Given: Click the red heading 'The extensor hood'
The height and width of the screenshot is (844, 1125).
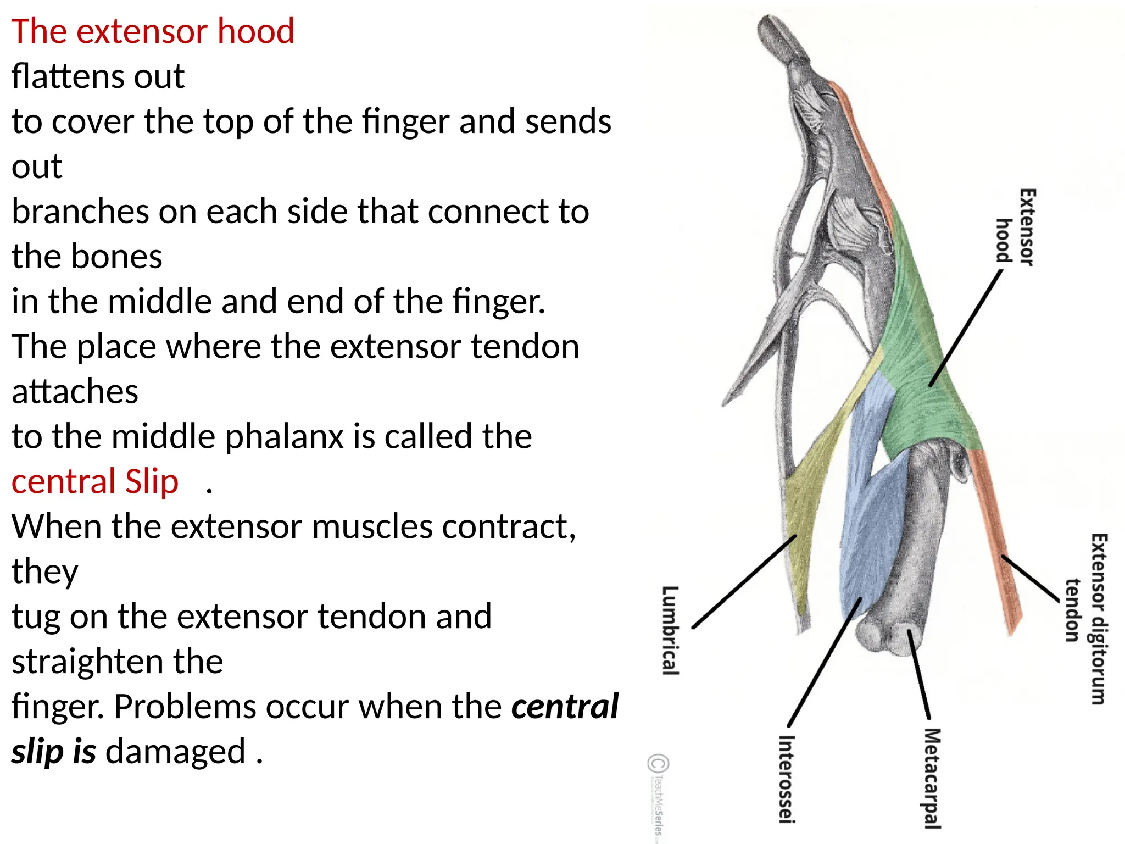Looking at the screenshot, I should pyautogui.click(x=153, y=31).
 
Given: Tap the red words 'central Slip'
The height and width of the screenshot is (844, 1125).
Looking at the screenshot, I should pyautogui.click(x=95, y=482).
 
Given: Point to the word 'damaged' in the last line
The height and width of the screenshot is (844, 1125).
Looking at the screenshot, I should pyautogui.click(x=175, y=752).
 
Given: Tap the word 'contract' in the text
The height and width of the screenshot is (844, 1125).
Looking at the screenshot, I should pyautogui.click(x=507, y=527).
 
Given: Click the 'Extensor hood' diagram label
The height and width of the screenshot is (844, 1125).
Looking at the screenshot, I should pyautogui.click(x=1016, y=226).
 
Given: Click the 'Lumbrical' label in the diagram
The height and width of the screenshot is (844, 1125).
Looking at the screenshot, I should pyautogui.click(x=671, y=630).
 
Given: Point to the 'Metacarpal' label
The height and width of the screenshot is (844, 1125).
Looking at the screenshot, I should pyautogui.click(x=932, y=778).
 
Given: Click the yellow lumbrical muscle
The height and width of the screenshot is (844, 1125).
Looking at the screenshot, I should pyautogui.click(x=802, y=495).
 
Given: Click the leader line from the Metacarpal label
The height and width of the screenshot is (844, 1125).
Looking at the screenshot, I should pyautogui.click(x=918, y=674).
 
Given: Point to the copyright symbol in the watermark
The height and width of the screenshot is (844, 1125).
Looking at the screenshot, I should pyautogui.click(x=658, y=764).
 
